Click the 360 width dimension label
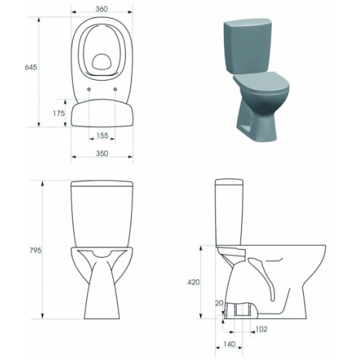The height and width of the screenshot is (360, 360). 102,9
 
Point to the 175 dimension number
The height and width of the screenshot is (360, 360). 59,114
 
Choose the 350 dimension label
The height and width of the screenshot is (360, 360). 102,153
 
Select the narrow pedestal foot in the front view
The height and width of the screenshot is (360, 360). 102,295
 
